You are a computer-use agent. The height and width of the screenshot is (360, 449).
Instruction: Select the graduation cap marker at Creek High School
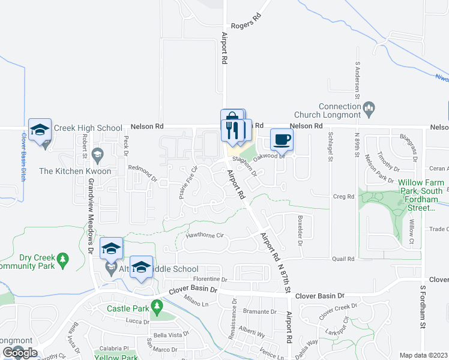(40, 130)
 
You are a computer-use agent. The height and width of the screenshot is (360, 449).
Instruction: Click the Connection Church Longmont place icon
(369, 108)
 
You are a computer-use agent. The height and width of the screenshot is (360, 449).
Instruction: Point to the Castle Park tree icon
(157, 308)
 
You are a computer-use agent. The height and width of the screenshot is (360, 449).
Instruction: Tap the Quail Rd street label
(343, 259)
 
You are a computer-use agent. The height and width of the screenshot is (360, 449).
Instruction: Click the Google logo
(20, 353)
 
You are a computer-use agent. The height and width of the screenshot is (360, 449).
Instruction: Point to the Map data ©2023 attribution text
(423, 355)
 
